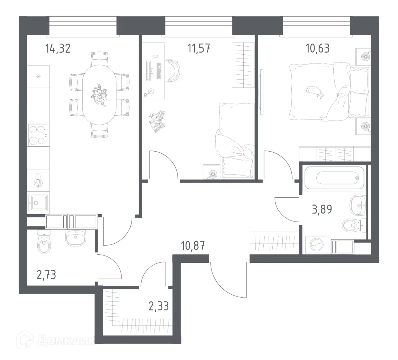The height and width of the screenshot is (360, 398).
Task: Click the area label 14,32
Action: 58,48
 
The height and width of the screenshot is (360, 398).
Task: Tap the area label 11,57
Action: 199,48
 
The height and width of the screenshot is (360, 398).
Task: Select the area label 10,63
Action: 317,48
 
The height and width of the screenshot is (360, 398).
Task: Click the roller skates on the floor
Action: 156,120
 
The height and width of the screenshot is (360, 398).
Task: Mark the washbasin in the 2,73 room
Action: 76,238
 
